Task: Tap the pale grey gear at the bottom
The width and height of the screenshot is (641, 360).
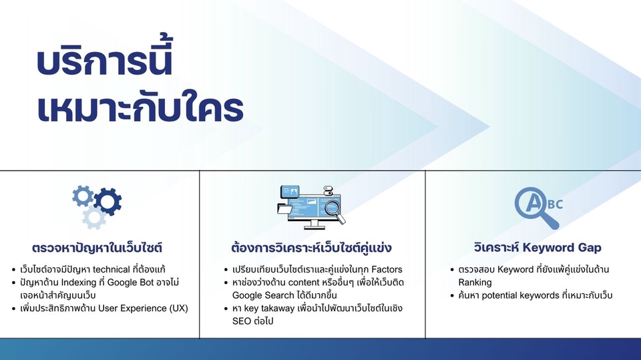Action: (94, 218)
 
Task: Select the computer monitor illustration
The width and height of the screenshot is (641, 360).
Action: (310, 207)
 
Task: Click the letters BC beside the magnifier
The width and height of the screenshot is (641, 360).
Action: (555, 204)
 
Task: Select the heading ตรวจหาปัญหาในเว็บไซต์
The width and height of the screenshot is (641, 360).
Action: (97, 248)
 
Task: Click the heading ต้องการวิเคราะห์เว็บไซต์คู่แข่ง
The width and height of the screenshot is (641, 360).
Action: (311, 248)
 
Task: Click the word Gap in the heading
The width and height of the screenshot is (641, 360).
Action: (590, 248)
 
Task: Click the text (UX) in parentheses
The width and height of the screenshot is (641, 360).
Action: (178, 308)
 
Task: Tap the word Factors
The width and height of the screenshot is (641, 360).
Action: (387, 270)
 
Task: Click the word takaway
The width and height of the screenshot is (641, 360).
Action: (278, 309)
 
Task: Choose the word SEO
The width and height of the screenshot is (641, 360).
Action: (241, 321)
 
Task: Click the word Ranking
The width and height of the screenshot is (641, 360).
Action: (475, 283)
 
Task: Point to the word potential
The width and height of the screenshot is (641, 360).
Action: (500, 295)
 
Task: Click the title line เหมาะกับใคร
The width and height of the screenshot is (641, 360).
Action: (140, 108)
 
